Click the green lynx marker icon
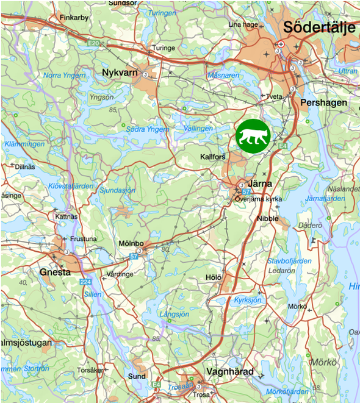[253, 136]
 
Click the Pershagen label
[325, 102]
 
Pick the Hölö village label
[214, 277]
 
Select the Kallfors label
[213, 157]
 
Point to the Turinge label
[164, 48]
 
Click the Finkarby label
[74, 18]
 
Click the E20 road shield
[93, 43]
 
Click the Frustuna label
[84, 239]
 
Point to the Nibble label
[267, 218]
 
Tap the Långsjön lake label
[175, 314]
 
